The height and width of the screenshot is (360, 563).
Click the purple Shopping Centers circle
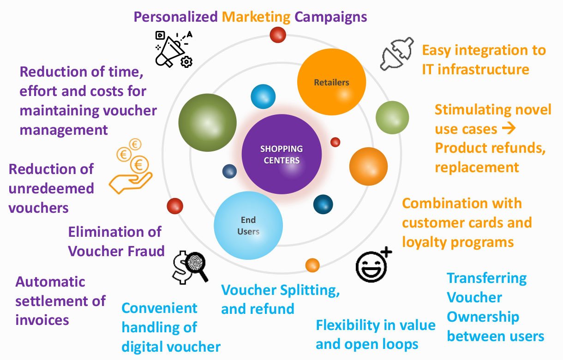[x=281, y=154]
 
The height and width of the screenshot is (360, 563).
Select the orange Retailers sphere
[x=331, y=82]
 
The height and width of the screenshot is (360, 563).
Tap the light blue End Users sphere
[x=248, y=226]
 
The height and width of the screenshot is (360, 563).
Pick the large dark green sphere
[x=207, y=123]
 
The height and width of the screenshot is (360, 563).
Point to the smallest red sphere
[x=335, y=142]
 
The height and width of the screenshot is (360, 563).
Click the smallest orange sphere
[x=312, y=265]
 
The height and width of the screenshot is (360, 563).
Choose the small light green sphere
[x=392, y=117]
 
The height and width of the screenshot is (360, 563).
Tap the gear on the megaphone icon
[x=186, y=62]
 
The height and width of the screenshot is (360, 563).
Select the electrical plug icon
[x=397, y=54]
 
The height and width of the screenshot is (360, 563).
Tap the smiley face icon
[x=371, y=267]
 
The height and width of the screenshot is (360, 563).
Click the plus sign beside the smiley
[x=386, y=252]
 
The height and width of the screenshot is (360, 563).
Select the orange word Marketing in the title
[x=256, y=18]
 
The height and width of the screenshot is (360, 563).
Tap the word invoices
[x=42, y=320]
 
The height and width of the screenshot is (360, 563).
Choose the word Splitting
[x=310, y=291]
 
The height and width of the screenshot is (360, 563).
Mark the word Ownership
[x=483, y=318]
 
